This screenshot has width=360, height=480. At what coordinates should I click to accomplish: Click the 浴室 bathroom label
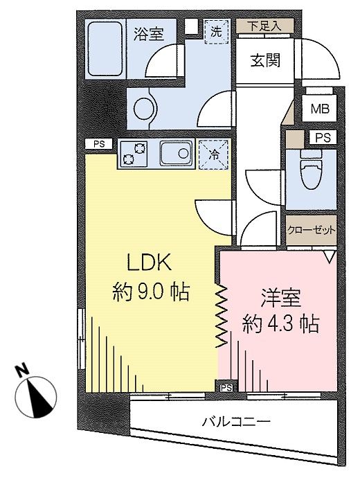click(149, 34)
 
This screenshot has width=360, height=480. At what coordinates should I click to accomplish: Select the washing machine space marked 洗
click(216, 32)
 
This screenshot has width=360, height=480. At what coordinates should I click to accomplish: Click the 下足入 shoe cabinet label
click(264, 26)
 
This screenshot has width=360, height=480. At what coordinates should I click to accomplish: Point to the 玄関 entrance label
click(265, 61)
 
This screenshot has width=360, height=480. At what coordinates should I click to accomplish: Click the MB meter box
click(320, 109)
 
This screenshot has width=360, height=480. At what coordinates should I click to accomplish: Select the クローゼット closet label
click(312, 229)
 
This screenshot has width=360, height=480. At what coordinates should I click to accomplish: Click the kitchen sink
click(177, 153)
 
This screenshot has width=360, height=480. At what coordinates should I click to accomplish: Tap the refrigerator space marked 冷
click(214, 154)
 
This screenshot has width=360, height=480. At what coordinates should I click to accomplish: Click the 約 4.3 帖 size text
click(281, 324)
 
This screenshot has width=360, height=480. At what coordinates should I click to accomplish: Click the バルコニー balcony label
click(236, 423)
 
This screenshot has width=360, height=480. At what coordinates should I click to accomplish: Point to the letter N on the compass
click(22, 371)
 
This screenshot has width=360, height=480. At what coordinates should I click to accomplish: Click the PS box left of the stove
click(99, 144)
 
